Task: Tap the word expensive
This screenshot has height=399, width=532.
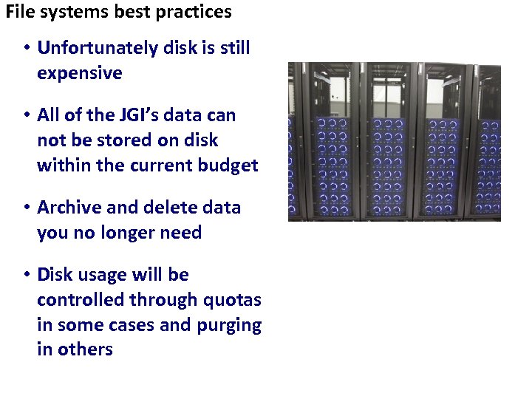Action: click(79, 73)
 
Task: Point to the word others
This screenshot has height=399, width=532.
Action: click(86, 349)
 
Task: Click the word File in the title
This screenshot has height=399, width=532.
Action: click(19, 12)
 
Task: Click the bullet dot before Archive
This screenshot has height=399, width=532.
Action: click(25, 208)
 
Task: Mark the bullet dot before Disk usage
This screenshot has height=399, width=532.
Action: click(25, 275)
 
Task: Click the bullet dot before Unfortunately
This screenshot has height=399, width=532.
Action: click(25, 48)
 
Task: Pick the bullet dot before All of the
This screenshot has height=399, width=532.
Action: click(25, 115)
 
